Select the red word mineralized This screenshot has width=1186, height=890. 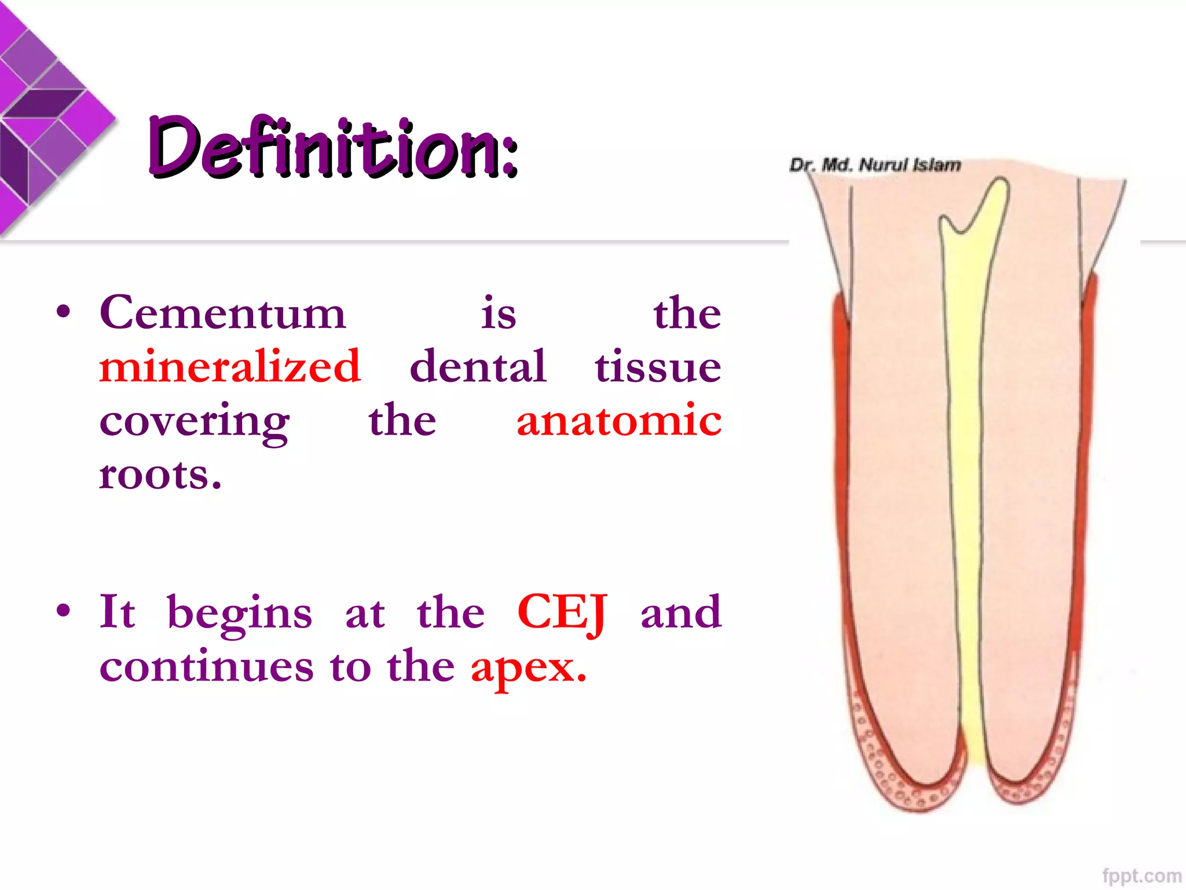[230, 367]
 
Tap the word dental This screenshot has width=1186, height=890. [478, 367]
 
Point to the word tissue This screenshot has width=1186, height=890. [658, 367]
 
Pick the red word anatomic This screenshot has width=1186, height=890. [619, 421]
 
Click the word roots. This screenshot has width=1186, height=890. [160, 475]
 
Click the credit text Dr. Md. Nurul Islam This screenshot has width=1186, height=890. [875, 165]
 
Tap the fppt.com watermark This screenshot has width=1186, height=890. [1141, 876]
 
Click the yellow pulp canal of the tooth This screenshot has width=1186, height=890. [967, 464]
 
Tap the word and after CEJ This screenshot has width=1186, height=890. [681, 612]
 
